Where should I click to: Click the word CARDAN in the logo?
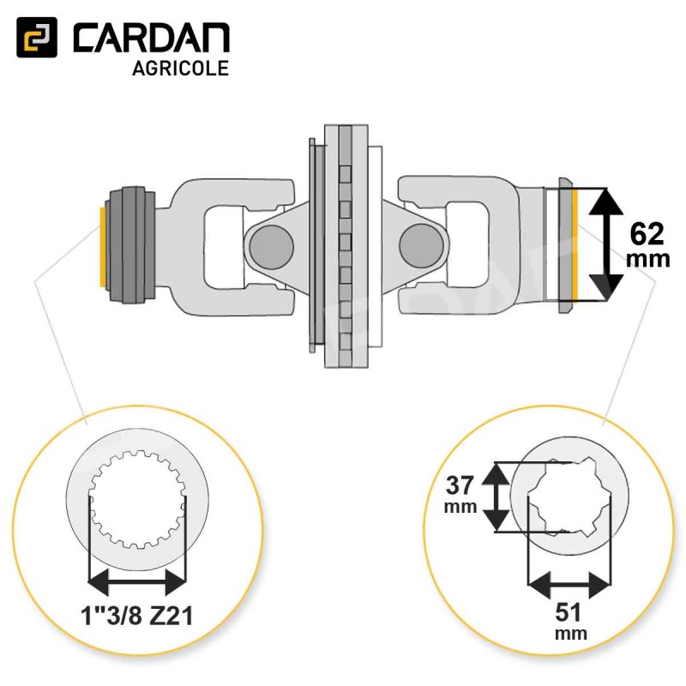(x=152, y=38)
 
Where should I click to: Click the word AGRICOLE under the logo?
(x=181, y=69)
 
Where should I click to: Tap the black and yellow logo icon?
(x=37, y=38)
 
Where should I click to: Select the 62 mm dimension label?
(x=647, y=244)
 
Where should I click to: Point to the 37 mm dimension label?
(x=460, y=495)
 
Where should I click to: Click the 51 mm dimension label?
(x=569, y=620)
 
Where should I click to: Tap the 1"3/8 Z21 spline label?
(x=136, y=616)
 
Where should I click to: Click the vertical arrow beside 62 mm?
(x=606, y=244)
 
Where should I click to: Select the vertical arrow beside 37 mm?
(x=496, y=497)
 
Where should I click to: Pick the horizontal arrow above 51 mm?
(x=569, y=585)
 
